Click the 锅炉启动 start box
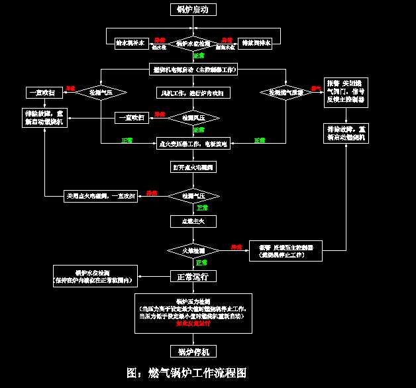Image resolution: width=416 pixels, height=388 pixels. pyautogui.click(x=193, y=9)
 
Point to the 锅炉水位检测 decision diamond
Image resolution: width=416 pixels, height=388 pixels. pyautogui.click(x=193, y=44)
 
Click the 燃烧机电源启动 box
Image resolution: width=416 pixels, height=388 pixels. pyautogui.click(x=193, y=70)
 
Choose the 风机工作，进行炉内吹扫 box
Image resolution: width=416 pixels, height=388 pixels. pyautogui.click(x=193, y=93)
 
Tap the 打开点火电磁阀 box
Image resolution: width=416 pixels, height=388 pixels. pyautogui.click(x=193, y=167)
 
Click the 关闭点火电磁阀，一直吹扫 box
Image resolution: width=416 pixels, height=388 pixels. pyautogui.click(x=101, y=196)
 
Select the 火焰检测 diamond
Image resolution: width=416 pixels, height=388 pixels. pyautogui.click(x=193, y=250)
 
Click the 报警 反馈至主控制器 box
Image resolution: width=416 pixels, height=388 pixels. pyautogui.click(x=286, y=250)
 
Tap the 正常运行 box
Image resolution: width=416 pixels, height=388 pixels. pyautogui.click(x=193, y=276)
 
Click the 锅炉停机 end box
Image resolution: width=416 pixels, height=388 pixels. pyautogui.click(x=193, y=350)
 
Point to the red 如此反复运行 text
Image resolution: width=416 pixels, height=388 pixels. pyautogui.click(x=193, y=324)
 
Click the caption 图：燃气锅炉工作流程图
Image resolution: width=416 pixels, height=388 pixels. pyautogui.click(x=187, y=373)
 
